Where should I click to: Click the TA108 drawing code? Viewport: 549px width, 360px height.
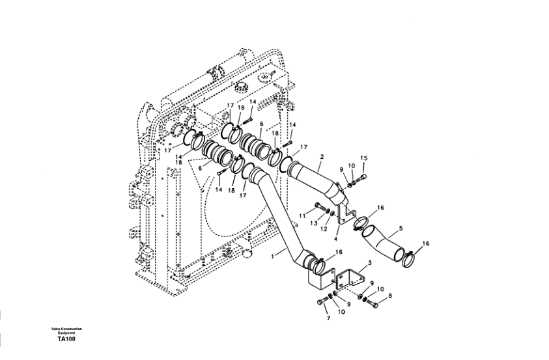pos(66,339)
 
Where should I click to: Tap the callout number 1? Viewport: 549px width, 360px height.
pos(273,256)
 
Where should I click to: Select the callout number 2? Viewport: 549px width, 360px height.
pos(322,157)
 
